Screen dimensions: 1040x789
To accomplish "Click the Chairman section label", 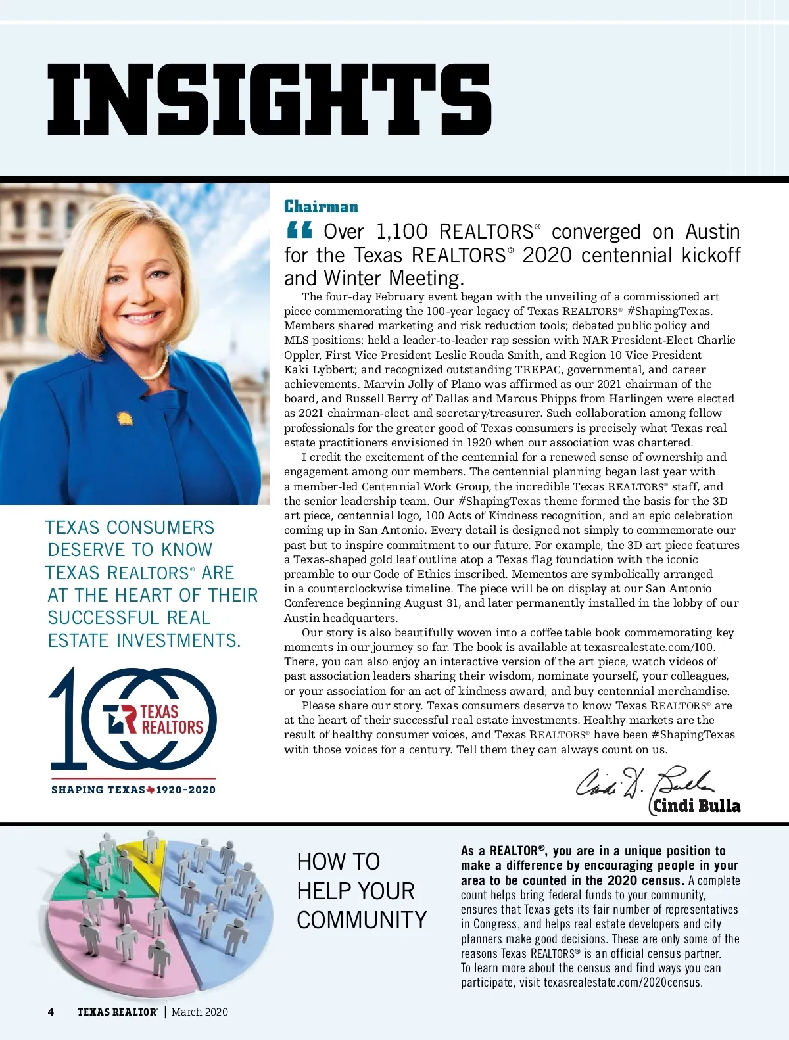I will pyautogui.click(x=321, y=207).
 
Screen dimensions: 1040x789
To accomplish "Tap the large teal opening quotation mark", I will pyautogui.click(x=300, y=231).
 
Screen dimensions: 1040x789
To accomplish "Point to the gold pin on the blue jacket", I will pyautogui.click(x=123, y=418).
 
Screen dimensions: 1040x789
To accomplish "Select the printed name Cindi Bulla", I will pyautogui.click(x=696, y=806).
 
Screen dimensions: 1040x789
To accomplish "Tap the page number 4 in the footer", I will pyautogui.click(x=51, y=1012).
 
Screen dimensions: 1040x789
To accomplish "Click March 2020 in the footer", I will pyautogui.click(x=200, y=1012).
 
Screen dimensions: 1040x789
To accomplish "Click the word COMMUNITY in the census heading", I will pyautogui.click(x=362, y=920).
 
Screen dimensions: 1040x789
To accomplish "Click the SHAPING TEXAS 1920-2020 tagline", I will pyautogui.click(x=133, y=790).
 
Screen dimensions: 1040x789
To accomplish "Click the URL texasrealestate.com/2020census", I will pyautogui.click(x=623, y=983).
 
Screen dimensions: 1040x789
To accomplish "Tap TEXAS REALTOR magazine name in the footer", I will pyautogui.click(x=117, y=1012).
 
